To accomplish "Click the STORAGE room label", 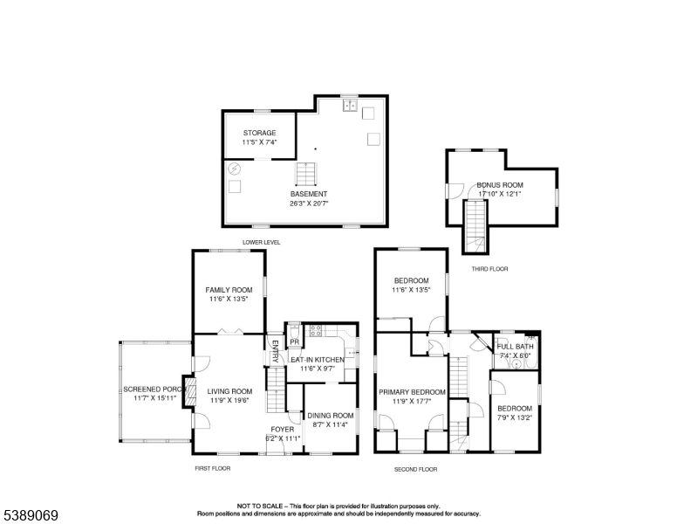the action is [259, 133].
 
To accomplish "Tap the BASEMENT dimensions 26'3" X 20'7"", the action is [309, 203].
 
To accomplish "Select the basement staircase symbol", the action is [306, 174].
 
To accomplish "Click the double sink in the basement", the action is [350, 105].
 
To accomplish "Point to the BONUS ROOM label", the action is [500, 184].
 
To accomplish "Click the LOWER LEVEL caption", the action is [261, 242].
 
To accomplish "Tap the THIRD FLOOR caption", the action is [489, 269].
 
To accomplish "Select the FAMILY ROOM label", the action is [229, 290].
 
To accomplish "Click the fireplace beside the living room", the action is [189, 392].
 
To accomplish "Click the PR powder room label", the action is [295, 342].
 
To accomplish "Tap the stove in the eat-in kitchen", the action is [316, 331].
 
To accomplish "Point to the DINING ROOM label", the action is [331, 416].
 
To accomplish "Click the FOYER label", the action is [283, 430].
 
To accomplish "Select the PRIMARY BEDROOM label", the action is [412, 392].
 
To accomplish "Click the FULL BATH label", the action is [515, 347].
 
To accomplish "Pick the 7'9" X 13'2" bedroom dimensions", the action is [515, 417].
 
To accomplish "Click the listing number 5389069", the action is [31, 515].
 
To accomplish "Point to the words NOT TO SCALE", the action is [260, 506].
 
